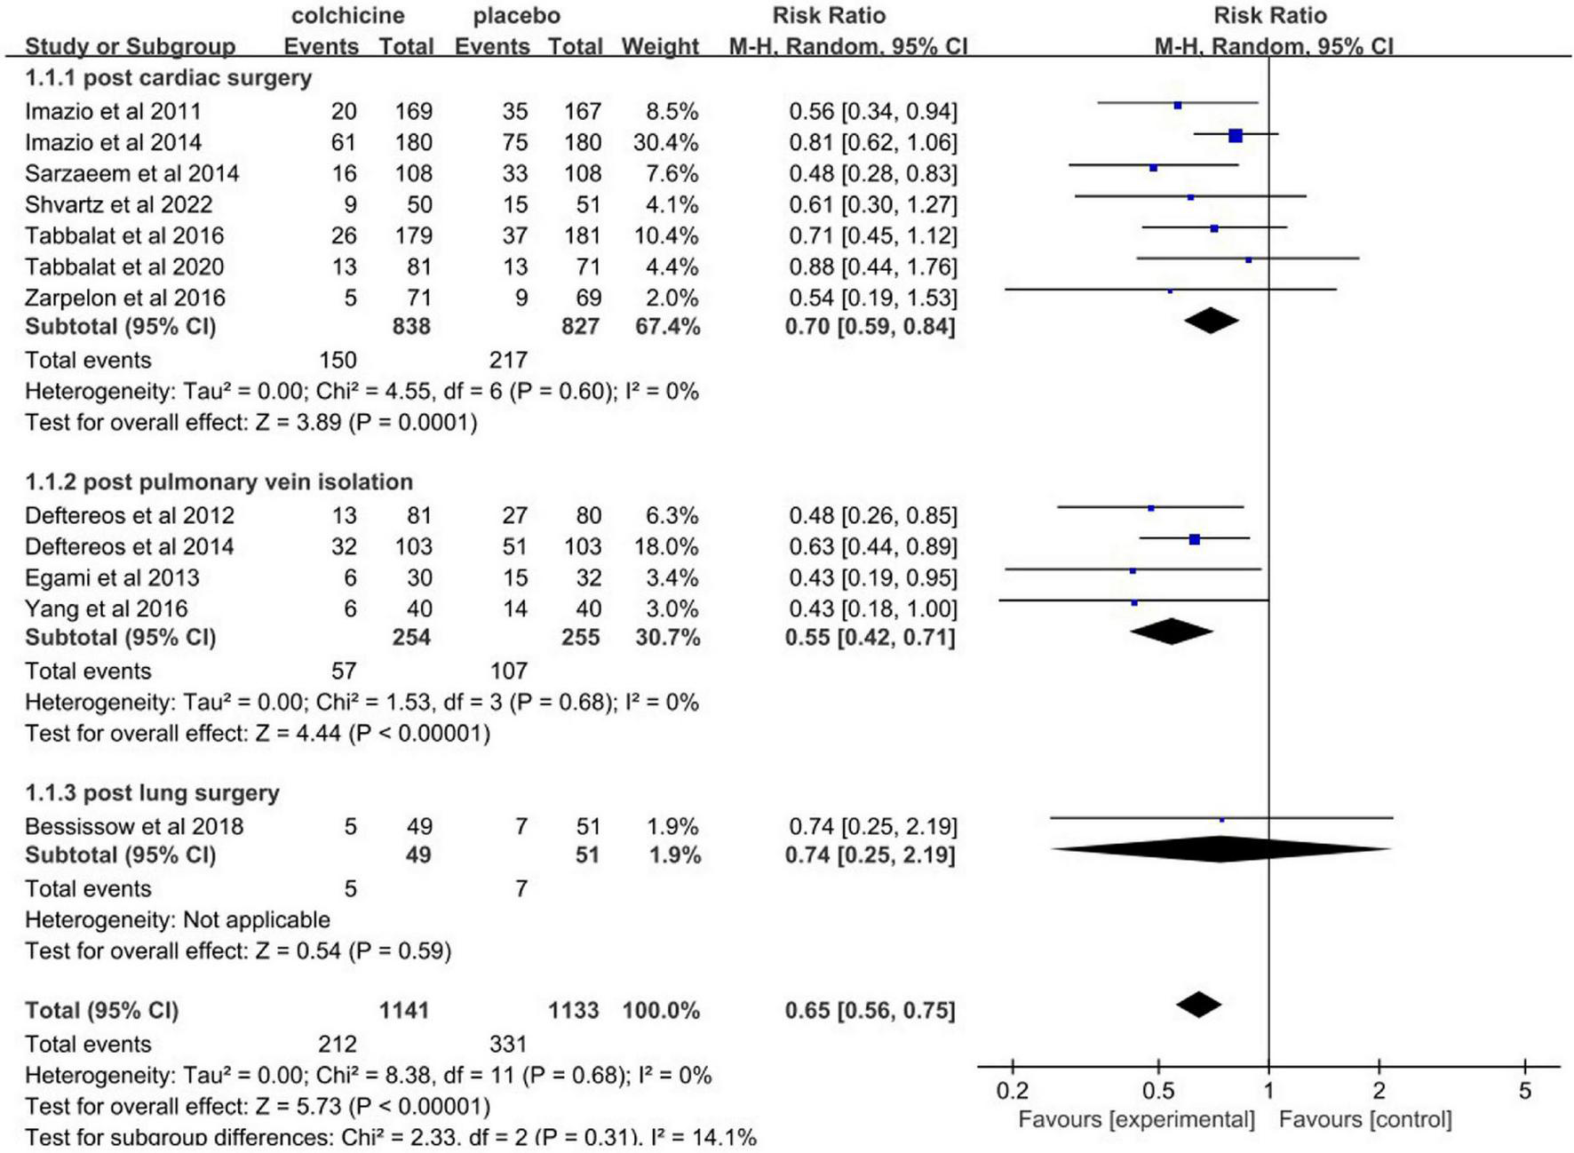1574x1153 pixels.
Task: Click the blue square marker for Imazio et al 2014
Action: pos(1235,136)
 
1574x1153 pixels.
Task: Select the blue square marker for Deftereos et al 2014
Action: pos(1194,539)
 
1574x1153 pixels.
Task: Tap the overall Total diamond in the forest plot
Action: pos(1198,1005)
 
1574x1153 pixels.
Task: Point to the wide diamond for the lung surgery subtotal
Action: pos(1220,849)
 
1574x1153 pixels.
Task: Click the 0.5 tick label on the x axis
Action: pos(1157,1092)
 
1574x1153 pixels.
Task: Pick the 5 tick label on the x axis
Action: pos(1524,1092)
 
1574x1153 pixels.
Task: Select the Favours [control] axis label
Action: pos(1364,1119)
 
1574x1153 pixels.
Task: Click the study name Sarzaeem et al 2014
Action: pos(131,173)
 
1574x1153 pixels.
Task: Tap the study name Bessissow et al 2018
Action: pos(133,826)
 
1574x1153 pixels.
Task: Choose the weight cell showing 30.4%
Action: pos(664,142)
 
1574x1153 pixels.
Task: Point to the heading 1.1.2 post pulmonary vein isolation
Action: pos(219,481)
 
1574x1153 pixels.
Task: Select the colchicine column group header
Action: pos(347,15)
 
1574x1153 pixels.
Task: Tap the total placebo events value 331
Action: pos(507,1044)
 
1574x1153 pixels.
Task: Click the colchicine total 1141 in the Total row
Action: pos(404,1010)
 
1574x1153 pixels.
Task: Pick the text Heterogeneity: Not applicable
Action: pos(177,919)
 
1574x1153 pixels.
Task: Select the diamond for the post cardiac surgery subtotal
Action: pos(1211,321)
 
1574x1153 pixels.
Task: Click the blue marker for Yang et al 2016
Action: pos(1133,602)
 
